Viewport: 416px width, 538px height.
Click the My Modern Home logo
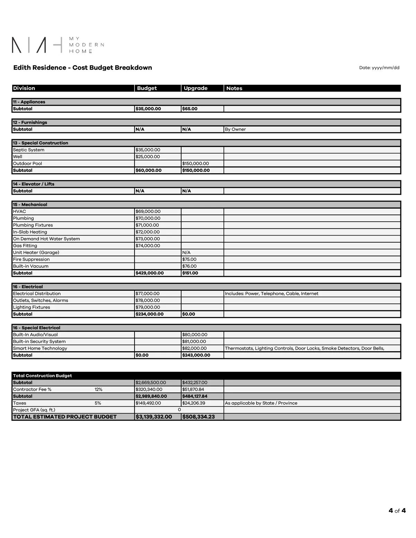point(58,45)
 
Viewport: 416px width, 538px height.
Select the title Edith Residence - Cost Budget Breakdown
point(83,68)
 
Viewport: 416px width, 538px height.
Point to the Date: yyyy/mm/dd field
point(379,68)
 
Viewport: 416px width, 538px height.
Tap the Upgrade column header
point(196,88)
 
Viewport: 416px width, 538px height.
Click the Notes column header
point(234,88)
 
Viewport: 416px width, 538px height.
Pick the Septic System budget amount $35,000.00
point(148,150)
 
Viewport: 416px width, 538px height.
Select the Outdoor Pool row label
point(27,164)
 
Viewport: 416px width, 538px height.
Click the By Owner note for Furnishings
point(235,129)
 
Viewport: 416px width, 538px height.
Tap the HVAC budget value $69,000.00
point(148,211)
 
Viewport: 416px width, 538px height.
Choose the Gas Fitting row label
point(25,246)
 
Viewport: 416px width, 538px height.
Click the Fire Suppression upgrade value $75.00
point(189,259)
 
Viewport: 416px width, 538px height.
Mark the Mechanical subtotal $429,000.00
point(149,273)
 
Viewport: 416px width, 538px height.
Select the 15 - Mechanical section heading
point(30,205)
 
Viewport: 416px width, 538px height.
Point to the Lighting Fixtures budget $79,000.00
point(148,307)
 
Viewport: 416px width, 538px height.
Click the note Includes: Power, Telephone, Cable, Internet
point(271,293)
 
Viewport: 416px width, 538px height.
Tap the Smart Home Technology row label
point(40,348)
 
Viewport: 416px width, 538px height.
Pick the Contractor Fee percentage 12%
point(98,389)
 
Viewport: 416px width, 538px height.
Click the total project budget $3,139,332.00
point(154,417)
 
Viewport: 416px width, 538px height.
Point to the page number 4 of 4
point(397,511)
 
